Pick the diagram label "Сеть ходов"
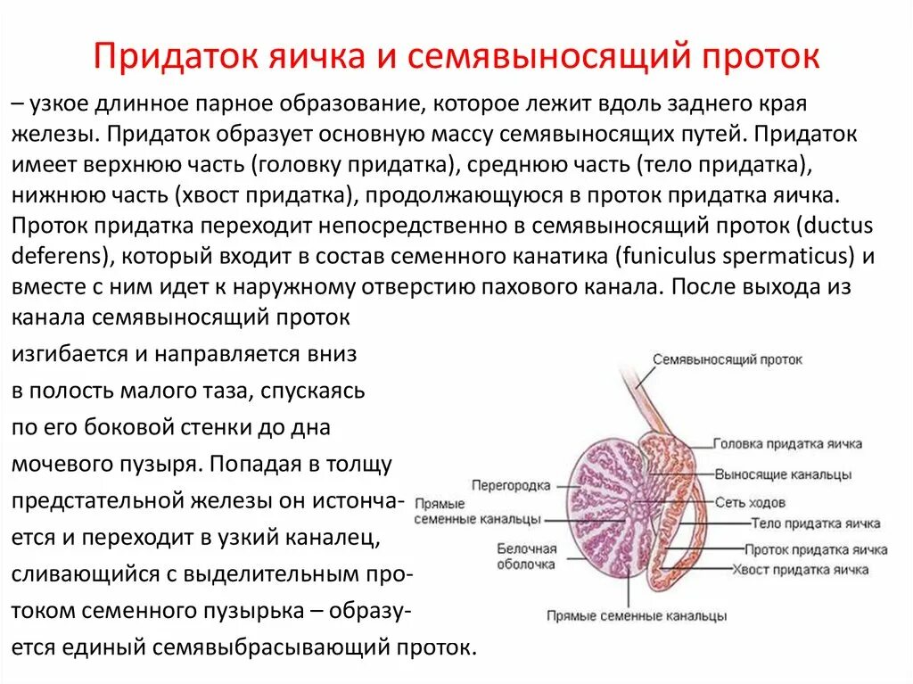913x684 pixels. pos(757,503)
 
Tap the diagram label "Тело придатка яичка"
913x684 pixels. pos(816,523)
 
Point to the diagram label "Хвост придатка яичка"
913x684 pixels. pos(800,570)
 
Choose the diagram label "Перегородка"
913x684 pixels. pos(511,486)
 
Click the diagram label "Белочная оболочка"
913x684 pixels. pos(526,556)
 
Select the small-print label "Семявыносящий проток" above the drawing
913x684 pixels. pos(727,359)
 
